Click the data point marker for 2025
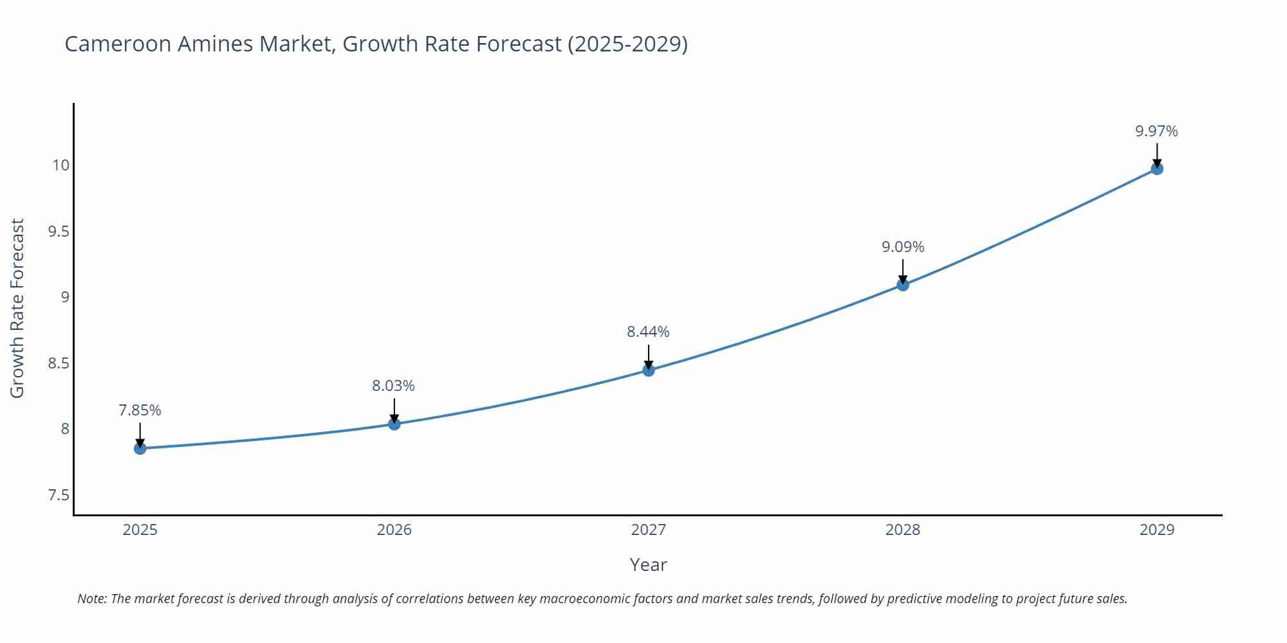pyautogui.click(x=140, y=448)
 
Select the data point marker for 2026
pyautogui.click(x=394, y=424)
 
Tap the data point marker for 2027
pyautogui.click(x=649, y=370)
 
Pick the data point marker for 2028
pyautogui.click(x=903, y=284)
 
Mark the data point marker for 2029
pyautogui.click(x=1157, y=168)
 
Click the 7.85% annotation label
pyautogui.click(x=140, y=410)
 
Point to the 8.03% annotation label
pyautogui.click(x=393, y=386)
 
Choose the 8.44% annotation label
pyautogui.click(x=648, y=332)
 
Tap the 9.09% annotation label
pyautogui.click(x=903, y=247)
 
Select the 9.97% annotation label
pyautogui.click(x=1156, y=131)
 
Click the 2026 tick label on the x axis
pyautogui.click(x=394, y=530)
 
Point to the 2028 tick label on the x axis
pyautogui.click(x=903, y=530)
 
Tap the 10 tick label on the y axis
pyautogui.click(x=60, y=165)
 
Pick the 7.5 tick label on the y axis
pyautogui.click(x=59, y=495)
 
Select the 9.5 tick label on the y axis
pyautogui.click(x=59, y=231)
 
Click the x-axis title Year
pyautogui.click(x=648, y=565)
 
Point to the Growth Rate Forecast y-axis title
pyautogui.click(x=17, y=308)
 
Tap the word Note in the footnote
pyautogui.click(x=91, y=599)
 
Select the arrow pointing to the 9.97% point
pyautogui.click(x=1157, y=154)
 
